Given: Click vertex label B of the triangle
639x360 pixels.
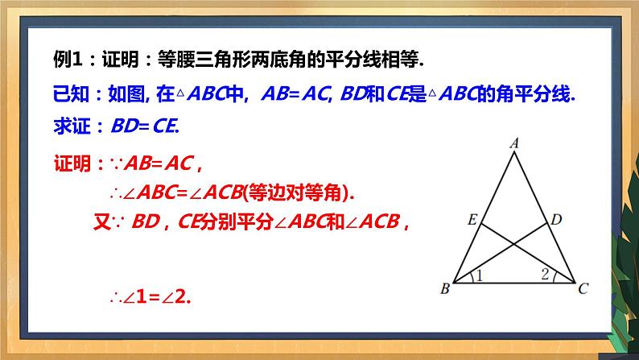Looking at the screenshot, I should click(x=443, y=289).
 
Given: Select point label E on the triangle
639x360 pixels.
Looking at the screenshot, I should click(x=472, y=218).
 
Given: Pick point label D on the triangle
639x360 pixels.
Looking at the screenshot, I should click(x=556, y=218).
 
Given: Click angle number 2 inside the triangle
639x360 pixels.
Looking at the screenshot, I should click(x=545, y=275).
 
